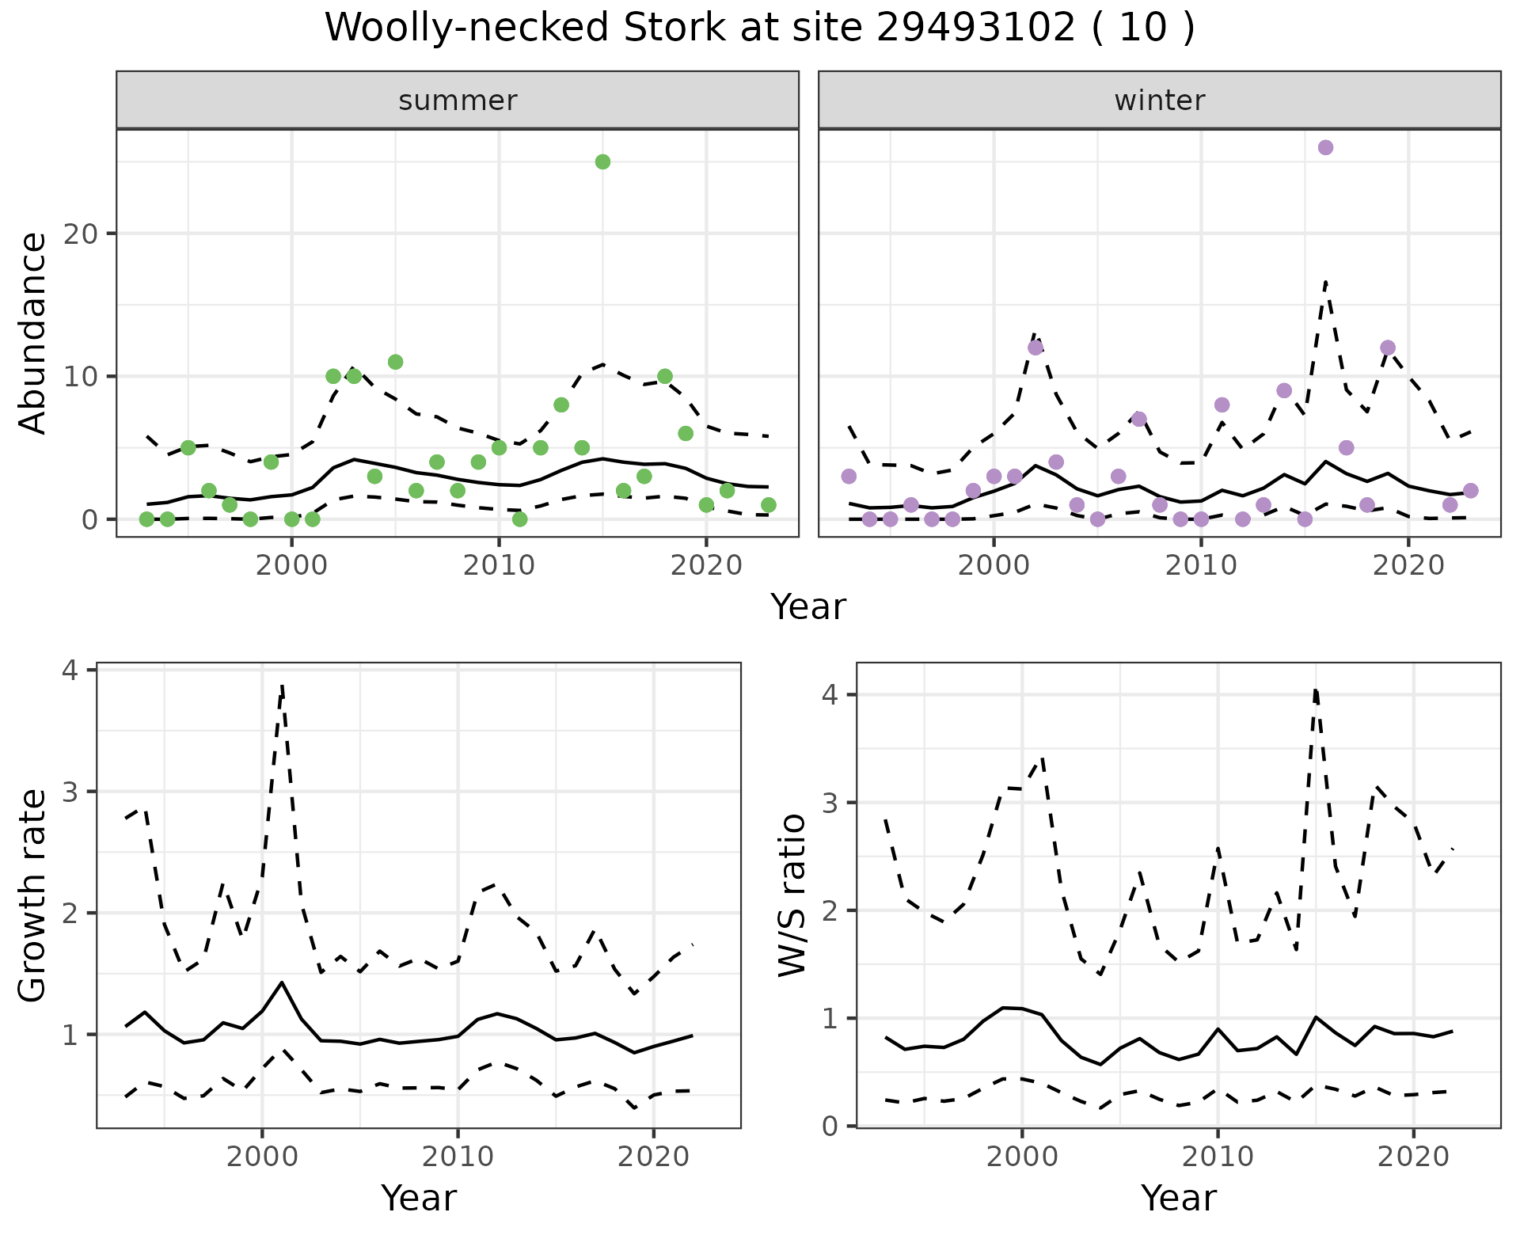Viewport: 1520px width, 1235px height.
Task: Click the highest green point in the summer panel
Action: [x=602, y=162]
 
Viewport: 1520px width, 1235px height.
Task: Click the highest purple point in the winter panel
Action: [x=1325, y=148]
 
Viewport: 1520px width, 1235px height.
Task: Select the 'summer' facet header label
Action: [x=458, y=101]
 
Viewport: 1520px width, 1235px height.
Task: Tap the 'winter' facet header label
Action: [x=1160, y=101]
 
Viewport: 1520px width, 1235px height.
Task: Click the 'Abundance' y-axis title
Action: [x=32, y=333]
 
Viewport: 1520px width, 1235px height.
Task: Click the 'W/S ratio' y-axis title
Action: [x=792, y=895]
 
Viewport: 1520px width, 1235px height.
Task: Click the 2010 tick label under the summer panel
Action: [x=499, y=565]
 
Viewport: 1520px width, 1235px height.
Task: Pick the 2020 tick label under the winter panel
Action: [x=1408, y=565]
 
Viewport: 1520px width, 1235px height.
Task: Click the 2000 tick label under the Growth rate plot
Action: [x=262, y=1157]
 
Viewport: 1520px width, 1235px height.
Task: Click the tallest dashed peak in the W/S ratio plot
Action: [x=1315, y=690]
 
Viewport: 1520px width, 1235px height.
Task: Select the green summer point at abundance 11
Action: [x=396, y=363]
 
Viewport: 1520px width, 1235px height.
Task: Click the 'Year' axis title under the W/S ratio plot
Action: [x=1178, y=1199]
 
